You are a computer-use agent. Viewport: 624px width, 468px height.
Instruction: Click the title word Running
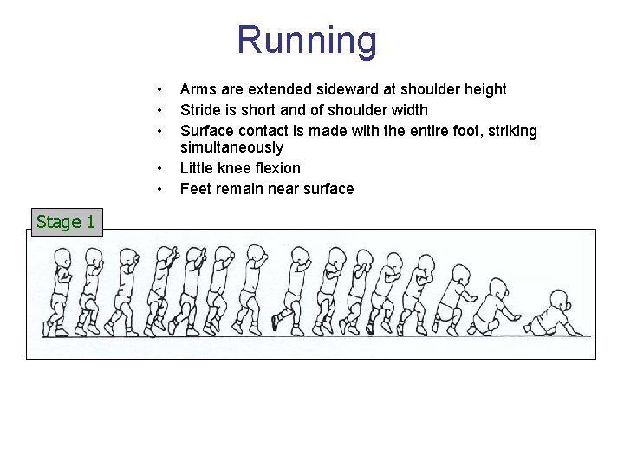click(307, 40)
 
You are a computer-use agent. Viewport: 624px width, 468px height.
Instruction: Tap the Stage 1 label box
click(65, 222)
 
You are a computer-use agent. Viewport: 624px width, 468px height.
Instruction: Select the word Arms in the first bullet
click(196, 89)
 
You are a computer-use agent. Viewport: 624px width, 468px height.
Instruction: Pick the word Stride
click(200, 110)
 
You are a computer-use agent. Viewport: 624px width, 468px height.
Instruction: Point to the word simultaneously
click(231, 147)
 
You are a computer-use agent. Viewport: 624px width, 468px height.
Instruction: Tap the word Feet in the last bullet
click(195, 189)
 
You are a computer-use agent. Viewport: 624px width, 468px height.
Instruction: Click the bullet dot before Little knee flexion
click(159, 168)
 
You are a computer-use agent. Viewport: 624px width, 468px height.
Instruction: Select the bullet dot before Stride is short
click(159, 110)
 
